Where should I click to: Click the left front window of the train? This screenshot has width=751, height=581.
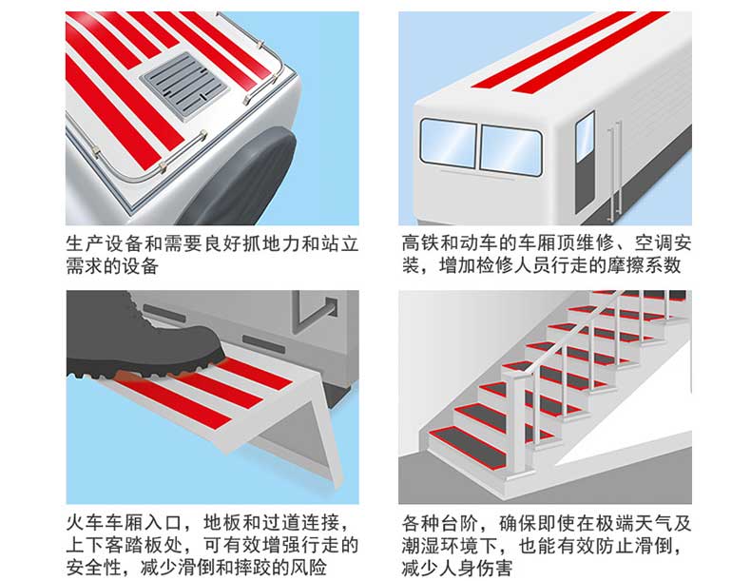(x=448, y=144)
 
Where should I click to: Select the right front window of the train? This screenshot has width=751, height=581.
(x=510, y=149)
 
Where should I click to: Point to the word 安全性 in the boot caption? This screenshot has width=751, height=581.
(x=94, y=569)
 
